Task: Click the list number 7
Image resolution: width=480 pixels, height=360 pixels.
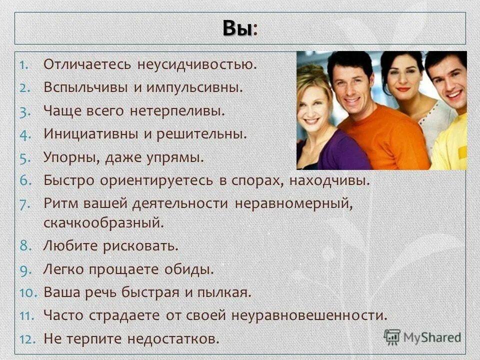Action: pyautogui.click(x=26, y=204)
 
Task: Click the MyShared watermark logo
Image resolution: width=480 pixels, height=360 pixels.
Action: pyautogui.click(x=422, y=336)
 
